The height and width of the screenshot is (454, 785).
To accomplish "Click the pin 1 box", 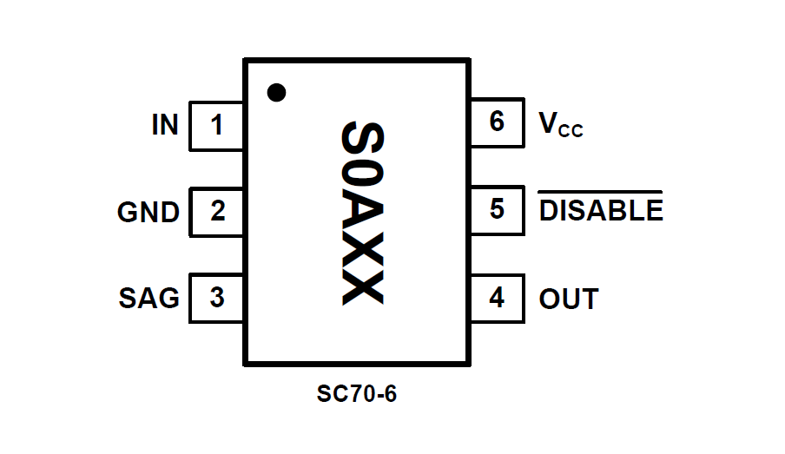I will click(216, 126).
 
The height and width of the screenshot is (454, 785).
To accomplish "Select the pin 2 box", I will click(216, 212).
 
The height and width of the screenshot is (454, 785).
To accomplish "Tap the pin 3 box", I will click(216, 298).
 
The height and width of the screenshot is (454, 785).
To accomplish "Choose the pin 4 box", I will click(497, 298).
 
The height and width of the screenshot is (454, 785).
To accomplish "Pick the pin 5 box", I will click(497, 210).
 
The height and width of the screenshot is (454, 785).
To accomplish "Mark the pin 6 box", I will click(497, 122).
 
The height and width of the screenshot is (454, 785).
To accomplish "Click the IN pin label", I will click(165, 126).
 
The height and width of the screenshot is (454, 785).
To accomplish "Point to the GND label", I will click(148, 213).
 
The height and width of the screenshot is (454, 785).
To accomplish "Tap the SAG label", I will click(149, 299).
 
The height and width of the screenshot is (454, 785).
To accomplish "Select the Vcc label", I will click(561, 126).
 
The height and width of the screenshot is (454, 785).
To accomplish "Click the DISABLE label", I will click(601, 211).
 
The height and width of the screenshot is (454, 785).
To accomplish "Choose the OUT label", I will click(569, 299).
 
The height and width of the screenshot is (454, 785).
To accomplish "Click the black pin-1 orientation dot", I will click(276, 92).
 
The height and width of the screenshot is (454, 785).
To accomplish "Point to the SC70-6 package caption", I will click(357, 395).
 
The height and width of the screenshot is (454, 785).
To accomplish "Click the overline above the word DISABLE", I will click(601, 191).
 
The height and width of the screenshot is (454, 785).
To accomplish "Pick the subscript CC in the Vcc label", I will click(571, 132).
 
